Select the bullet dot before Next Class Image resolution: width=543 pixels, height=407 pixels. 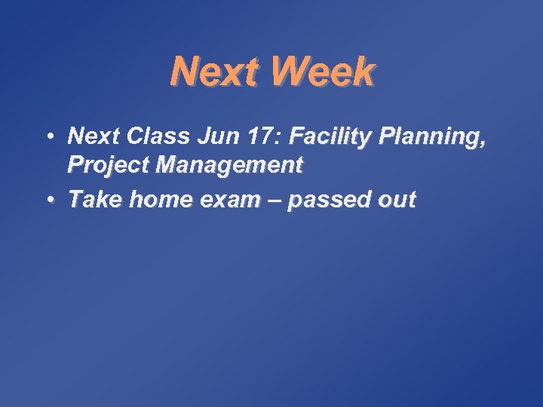[x=48, y=136]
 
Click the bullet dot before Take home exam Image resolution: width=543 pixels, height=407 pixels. [x=48, y=200]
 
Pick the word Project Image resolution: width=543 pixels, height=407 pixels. [x=109, y=164]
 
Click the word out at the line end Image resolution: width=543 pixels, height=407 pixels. [x=397, y=200]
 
